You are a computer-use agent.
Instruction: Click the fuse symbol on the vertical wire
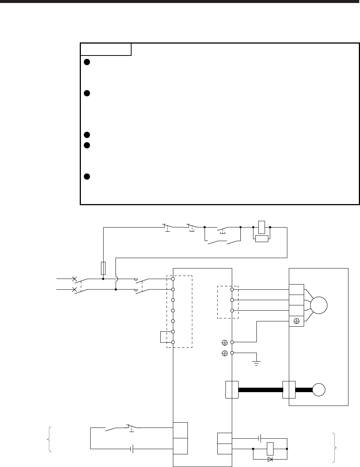tap(103, 267)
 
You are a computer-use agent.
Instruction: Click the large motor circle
tap(318, 305)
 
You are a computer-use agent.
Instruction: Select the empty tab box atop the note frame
tap(106, 49)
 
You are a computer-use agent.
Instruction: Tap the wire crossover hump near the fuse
tap(116, 278)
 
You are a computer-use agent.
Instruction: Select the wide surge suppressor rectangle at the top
tap(262, 238)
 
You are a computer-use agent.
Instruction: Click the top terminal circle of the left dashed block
tap(173, 279)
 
